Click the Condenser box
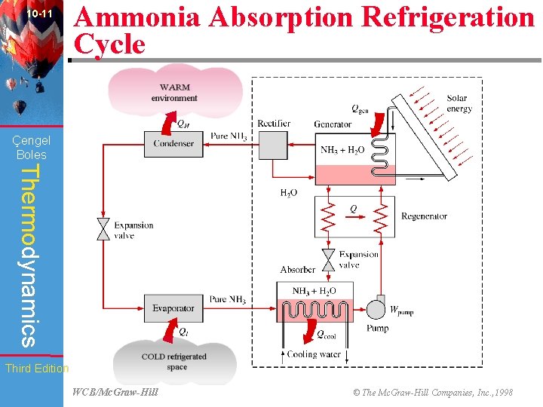pos(173,143)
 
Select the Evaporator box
pos(173,308)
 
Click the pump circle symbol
pos(374,309)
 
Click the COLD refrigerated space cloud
pos(174,361)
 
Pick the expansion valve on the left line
pos(103,229)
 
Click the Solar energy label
pos(459,103)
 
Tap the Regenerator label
pos(424,216)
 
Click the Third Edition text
pos(37,369)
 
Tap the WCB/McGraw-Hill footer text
pos(115,392)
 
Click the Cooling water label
pos(314,354)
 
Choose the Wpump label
pos(401,309)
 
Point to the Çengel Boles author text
pos(32,147)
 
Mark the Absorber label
pos(298,269)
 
